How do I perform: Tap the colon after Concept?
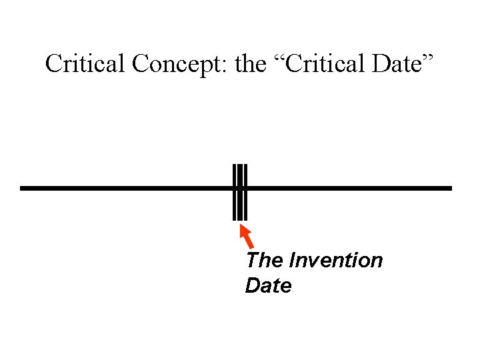[x=229, y=67]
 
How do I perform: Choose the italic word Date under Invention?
[x=268, y=286]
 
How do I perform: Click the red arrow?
[x=246, y=237]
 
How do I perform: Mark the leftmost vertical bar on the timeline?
[x=235, y=191]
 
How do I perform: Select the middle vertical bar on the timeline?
[x=240, y=191]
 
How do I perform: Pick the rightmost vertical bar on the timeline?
[x=245, y=191]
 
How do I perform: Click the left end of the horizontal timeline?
[x=23, y=189]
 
